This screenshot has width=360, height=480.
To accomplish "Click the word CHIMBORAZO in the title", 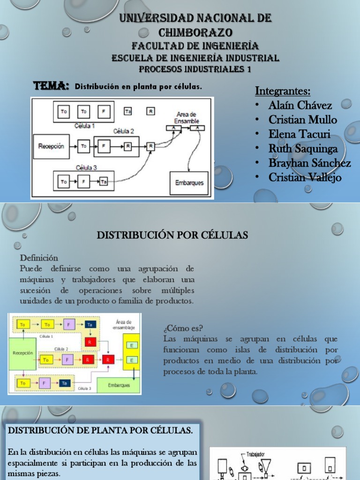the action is tap(195, 32).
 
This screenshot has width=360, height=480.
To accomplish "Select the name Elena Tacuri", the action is tap(299, 134).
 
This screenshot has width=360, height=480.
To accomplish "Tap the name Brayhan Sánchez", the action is tap(309, 163).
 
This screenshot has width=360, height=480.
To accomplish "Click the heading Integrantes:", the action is tap(283, 90).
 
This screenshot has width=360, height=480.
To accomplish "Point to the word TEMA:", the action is tap(51, 86).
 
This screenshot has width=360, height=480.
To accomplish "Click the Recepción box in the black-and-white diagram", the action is tap(52, 146).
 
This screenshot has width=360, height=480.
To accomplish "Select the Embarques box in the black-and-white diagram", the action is tap(190, 183).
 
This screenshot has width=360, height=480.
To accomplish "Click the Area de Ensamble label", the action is tap(186, 117).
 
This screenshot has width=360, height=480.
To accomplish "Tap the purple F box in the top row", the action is tap(68, 324).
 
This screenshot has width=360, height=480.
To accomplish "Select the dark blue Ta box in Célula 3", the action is tap(66, 382).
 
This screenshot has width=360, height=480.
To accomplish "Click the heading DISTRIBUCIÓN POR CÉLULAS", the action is tap(172, 235).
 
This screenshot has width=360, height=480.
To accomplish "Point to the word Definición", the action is tap(39, 258).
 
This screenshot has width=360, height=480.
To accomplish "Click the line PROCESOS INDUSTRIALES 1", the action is tap(195, 69).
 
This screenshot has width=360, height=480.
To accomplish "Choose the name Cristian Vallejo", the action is tap(305, 178).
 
